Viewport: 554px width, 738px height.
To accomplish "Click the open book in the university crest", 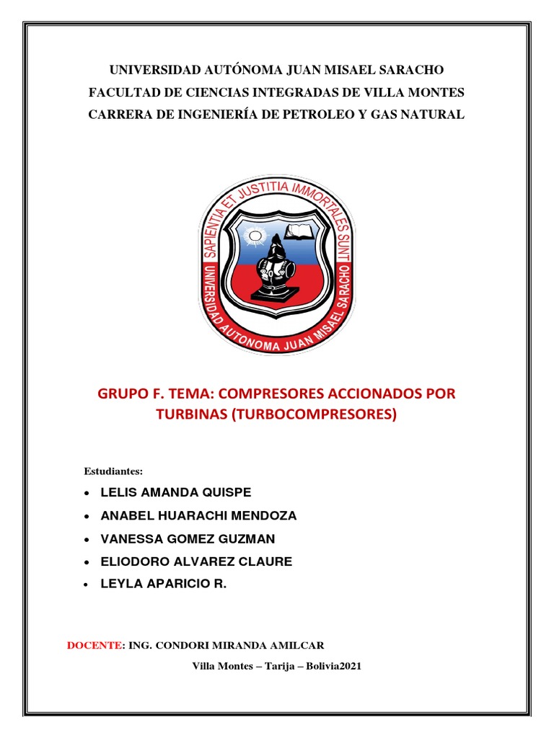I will (298, 232).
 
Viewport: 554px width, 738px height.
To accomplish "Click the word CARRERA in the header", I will (118, 115).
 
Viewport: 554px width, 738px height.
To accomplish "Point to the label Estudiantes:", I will (114, 471).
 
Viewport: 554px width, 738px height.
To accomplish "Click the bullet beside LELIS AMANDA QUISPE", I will (87, 494).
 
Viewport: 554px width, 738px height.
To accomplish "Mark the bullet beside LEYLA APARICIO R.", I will (87, 585).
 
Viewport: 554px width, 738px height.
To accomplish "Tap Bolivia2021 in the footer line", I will (333, 667).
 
